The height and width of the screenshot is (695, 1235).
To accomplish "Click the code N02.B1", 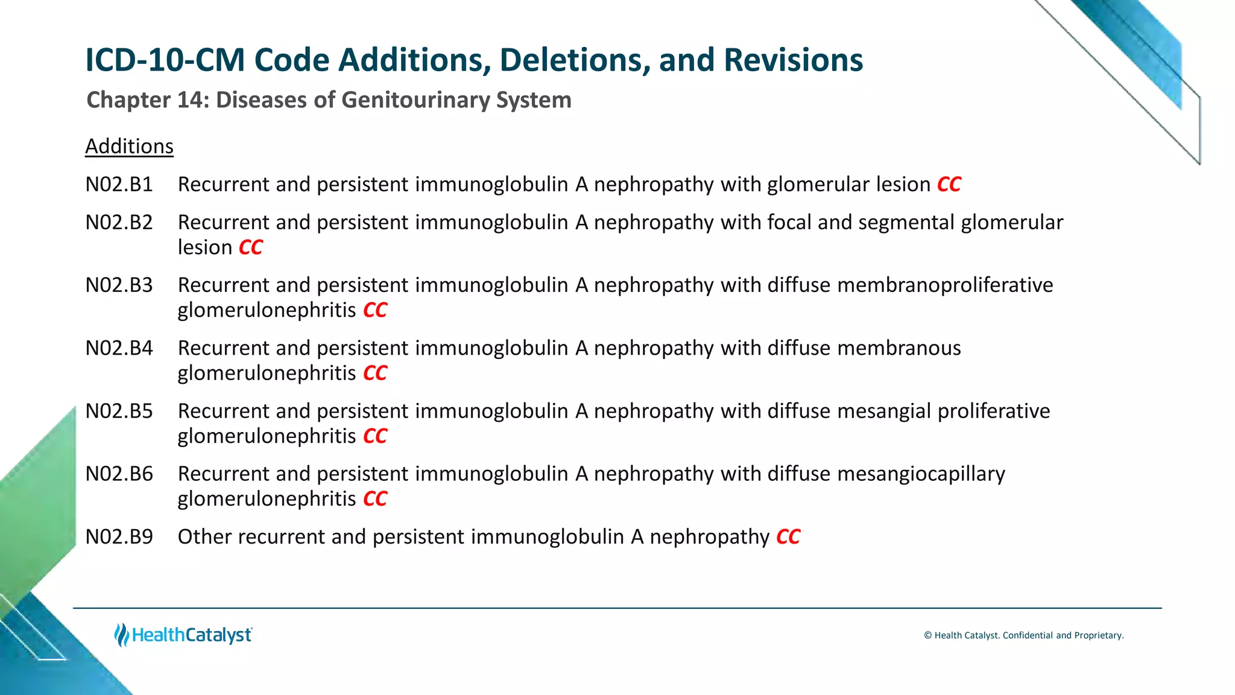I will coord(119,185).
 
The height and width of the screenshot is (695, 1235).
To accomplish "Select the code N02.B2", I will coord(119,223).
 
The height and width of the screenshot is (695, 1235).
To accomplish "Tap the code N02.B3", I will coord(119,285).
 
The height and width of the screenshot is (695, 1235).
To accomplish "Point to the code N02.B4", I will coord(119,348).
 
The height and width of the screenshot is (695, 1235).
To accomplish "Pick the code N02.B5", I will coord(119,411).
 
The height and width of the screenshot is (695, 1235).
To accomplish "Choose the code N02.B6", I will coord(119,474).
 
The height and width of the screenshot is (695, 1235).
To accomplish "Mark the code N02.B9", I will coord(119,537).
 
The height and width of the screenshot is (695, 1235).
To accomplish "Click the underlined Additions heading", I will coord(129,147).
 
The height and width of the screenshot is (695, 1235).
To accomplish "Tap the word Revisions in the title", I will coord(793,60).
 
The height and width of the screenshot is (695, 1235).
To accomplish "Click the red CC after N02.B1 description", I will coord(949,185).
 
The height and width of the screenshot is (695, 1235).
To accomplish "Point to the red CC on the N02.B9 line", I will coord(788,537).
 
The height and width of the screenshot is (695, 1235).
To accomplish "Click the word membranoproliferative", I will coord(945,285).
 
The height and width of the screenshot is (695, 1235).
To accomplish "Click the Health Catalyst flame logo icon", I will coord(122,635).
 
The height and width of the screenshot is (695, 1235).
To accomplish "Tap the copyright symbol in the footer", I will coord(928,635).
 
